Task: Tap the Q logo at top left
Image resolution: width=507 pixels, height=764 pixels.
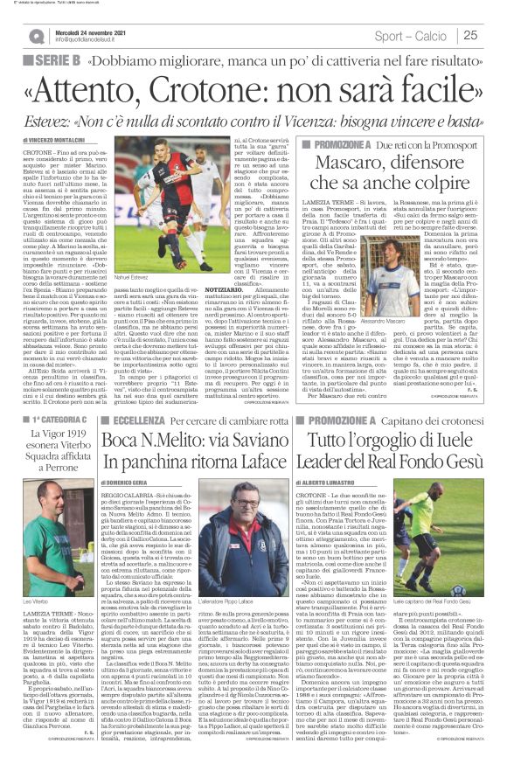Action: point(37,36)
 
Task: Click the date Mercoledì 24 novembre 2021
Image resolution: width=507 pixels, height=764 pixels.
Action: point(91,31)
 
